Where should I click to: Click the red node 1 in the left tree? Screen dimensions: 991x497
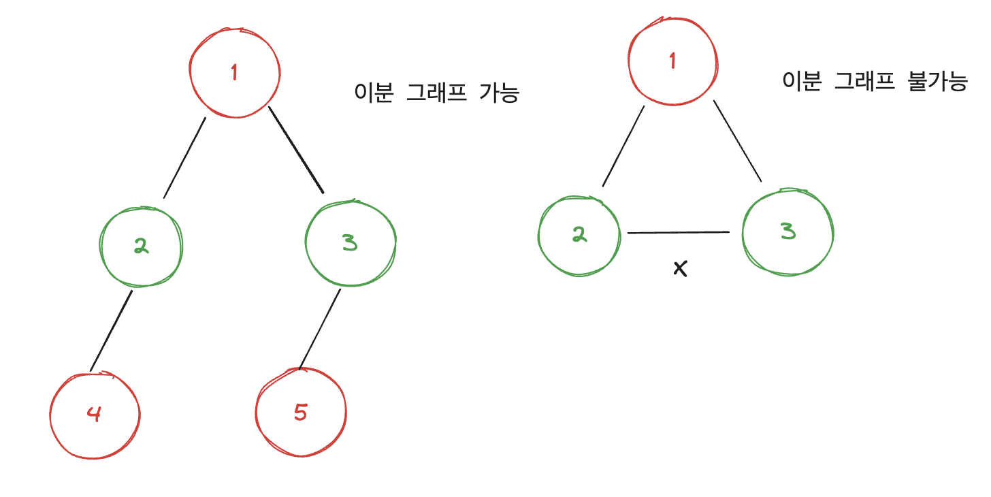click(x=234, y=73)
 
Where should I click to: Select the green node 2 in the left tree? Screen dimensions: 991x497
click(x=141, y=246)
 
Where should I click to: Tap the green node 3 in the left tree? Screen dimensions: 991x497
click(x=350, y=243)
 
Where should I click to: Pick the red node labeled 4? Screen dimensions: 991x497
click(x=95, y=414)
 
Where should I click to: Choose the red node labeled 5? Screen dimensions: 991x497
click(x=301, y=413)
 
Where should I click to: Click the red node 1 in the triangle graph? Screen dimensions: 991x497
click(x=672, y=61)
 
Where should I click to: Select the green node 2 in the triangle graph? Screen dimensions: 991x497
click(x=579, y=236)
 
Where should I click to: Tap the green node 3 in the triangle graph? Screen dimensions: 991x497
click(x=787, y=233)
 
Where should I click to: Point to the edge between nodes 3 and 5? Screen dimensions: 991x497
click(x=320, y=328)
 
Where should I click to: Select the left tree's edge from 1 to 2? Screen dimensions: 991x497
click(x=184, y=157)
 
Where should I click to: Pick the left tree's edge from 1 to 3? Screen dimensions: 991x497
click(x=297, y=150)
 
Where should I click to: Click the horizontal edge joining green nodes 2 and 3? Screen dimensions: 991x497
click(x=679, y=233)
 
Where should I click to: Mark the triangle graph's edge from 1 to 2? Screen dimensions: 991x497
click(x=623, y=146)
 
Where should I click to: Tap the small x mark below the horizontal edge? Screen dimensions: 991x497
click(x=680, y=268)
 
